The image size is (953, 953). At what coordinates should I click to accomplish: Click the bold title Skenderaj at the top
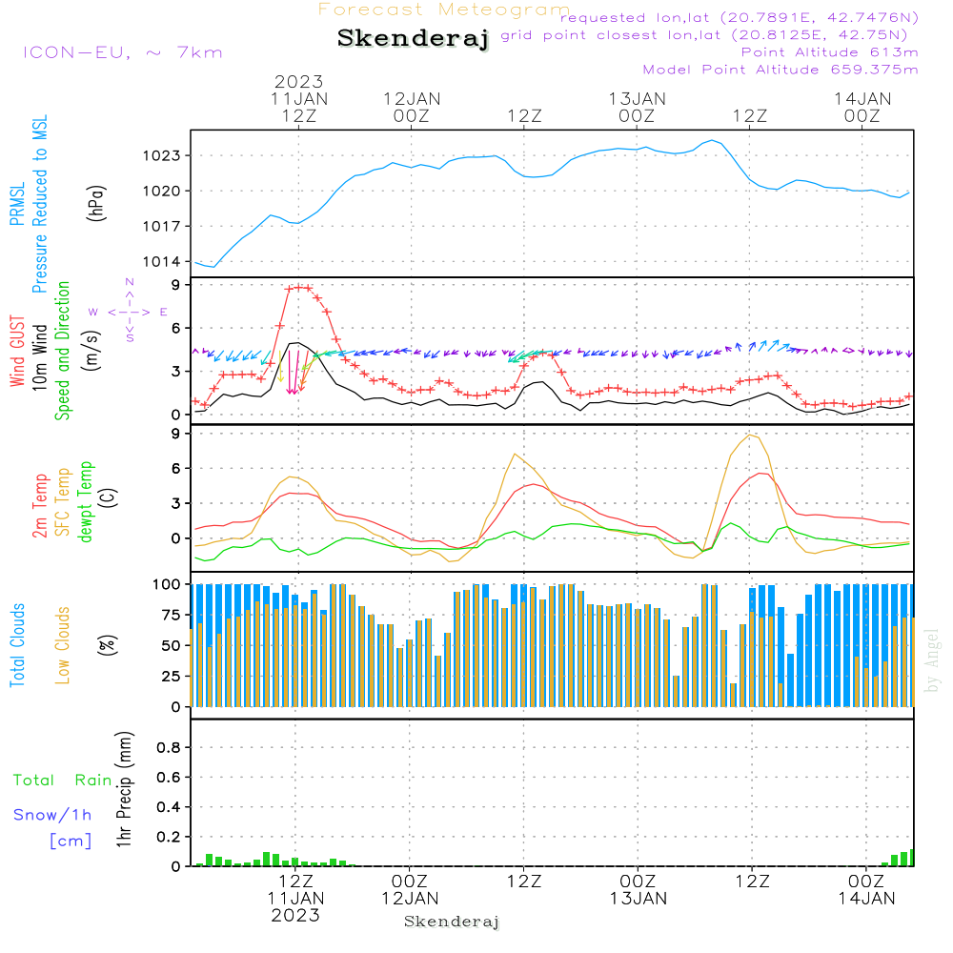tap(413, 39)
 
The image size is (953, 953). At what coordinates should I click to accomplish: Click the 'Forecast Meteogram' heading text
tap(444, 10)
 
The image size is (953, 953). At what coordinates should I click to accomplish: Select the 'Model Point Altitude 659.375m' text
tap(781, 70)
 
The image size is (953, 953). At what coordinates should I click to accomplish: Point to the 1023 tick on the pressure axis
tap(161, 155)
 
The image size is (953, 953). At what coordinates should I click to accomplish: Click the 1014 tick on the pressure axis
tap(161, 262)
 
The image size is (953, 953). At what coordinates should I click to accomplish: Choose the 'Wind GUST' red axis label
tap(17, 352)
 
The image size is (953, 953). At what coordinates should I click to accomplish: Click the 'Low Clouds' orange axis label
tap(63, 644)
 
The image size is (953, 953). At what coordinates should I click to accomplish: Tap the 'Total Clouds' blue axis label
tap(17, 645)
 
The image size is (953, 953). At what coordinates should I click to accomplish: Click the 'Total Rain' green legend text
tap(63, 780)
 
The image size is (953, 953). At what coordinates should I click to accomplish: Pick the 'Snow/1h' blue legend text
tap(52, 815)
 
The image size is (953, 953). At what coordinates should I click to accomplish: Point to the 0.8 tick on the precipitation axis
tap(168, 748)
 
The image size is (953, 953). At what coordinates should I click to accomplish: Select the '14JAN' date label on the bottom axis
tap(865, 898)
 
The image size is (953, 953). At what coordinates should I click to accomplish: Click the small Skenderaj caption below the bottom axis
tap(452, 922)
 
